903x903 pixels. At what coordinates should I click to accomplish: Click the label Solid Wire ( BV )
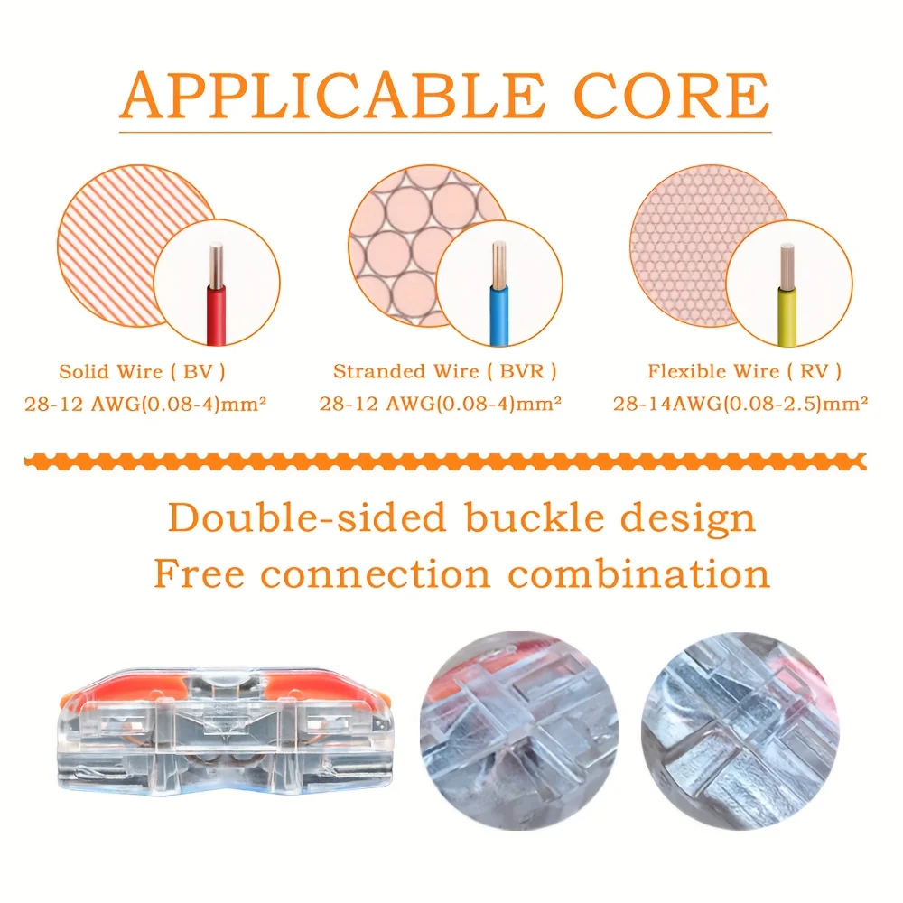tap(142, 371)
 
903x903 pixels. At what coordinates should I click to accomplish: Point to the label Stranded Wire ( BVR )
tap(444, 371)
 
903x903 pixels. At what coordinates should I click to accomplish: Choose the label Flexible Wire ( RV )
tap(744, 371)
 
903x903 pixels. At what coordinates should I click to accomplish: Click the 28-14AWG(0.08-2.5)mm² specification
tap(740, 404)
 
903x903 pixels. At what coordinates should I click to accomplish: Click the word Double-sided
tap(307, 519)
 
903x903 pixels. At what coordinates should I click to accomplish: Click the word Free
tap(199, 573)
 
